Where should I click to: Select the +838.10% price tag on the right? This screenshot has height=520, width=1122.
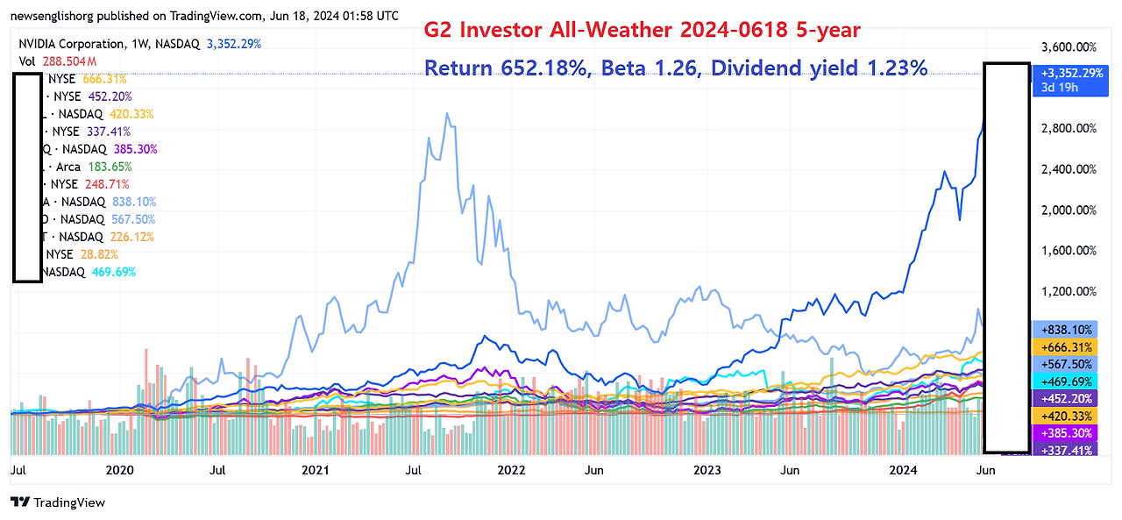(1068, 329)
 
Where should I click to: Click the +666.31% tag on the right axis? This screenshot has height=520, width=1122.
(1068, 346)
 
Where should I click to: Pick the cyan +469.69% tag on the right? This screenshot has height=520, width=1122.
(1068, 381)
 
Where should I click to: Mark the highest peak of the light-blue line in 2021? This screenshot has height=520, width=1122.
(448, 113)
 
